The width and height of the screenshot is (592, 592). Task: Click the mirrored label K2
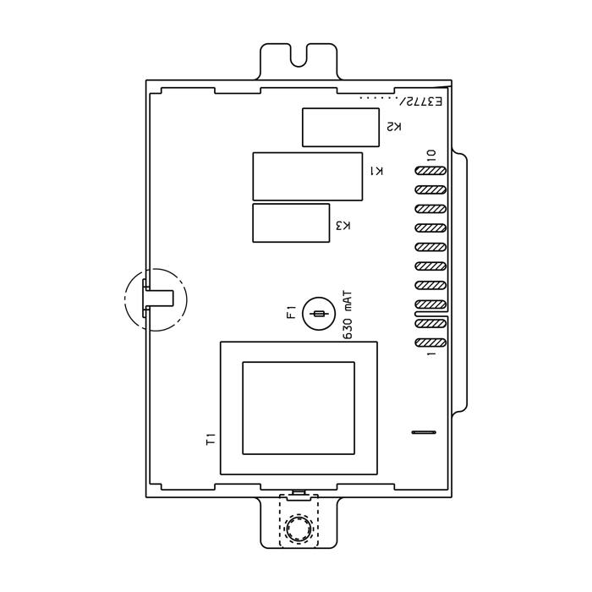pos(394,127)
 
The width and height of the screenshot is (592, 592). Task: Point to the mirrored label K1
pos(376,171)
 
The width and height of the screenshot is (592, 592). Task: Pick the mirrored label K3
pos(343,226)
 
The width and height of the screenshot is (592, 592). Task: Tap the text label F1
pos(292,312)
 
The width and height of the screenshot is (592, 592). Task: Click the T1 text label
pos(211,440)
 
